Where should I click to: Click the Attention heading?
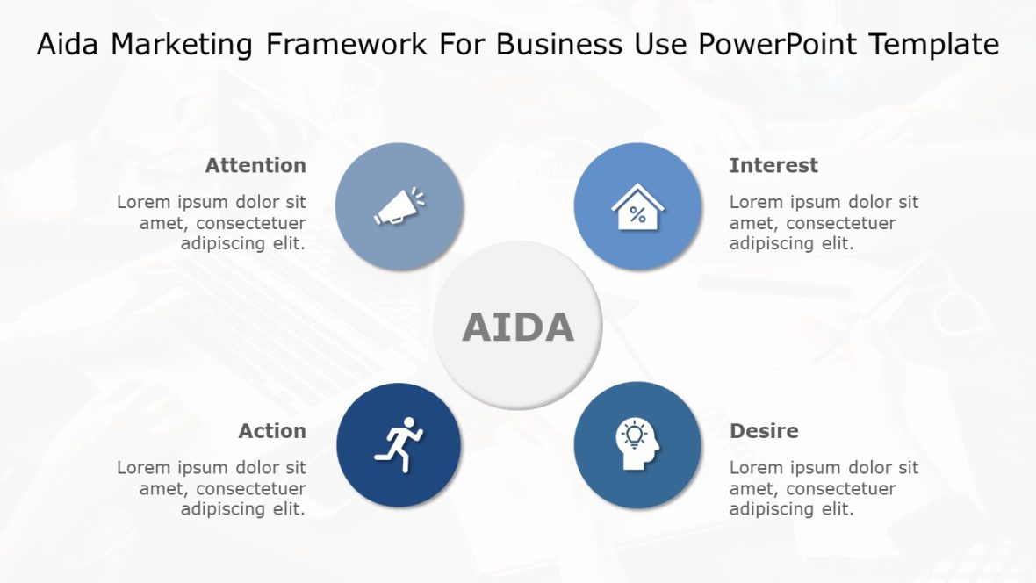click(255, 165)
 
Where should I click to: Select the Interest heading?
click(773, 165)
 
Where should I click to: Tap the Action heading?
click(272, 431)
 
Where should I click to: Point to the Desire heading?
click(764, 431)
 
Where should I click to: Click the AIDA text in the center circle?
click(518, 327)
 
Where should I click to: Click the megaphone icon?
click(399, 206)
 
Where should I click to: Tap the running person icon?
click(399, 445)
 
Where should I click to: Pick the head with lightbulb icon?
click(637, 445)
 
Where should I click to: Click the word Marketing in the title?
click(186, 45)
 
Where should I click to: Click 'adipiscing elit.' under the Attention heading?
click(243, 244)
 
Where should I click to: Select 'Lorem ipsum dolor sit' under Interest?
click(824, 202)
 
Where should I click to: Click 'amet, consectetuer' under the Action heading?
click(222, 488)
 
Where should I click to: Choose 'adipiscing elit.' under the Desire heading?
click(791, 509)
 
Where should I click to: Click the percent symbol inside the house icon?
click(637, 215)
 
